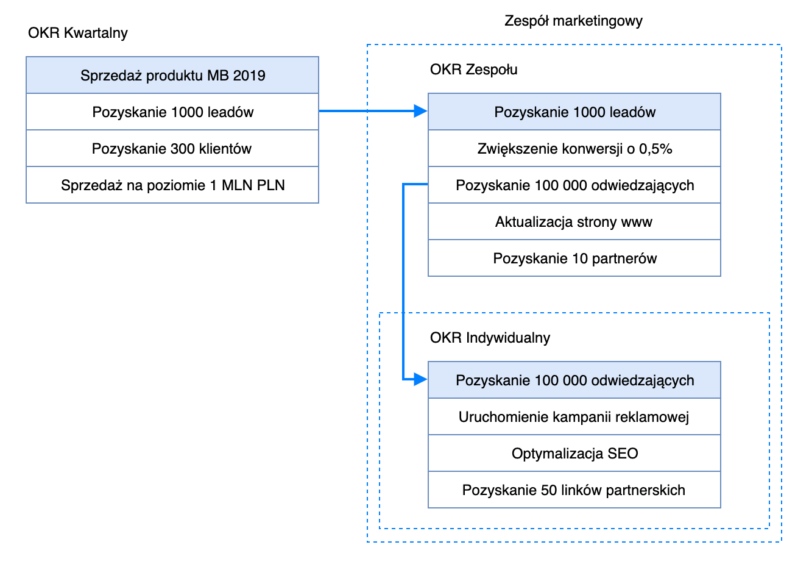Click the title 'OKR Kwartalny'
point(78,33)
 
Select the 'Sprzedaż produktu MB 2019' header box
point(172,76)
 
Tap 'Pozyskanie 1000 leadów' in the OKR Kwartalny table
point(172,112)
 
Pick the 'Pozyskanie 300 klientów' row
point(172,149)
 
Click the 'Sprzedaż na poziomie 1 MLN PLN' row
point(172,185)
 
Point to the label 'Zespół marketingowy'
point(573,21)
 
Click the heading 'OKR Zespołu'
point(473,70)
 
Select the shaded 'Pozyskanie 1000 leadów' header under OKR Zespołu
point(574,112)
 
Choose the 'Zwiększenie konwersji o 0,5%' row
point(574,149)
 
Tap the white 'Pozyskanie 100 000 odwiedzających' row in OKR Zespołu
point(574,185)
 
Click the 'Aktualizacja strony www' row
point(574,222)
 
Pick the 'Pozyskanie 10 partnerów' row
point(574,259)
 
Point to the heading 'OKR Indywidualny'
point(490,338)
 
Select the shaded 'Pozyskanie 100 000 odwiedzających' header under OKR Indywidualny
point(574,380)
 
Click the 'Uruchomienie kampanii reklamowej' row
point(574,417)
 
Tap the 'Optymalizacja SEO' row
point(574,454)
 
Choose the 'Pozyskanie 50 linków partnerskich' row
point(574,490)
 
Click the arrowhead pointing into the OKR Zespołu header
point(420,111)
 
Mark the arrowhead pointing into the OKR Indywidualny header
point(420,380)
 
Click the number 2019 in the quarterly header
point(249,76)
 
